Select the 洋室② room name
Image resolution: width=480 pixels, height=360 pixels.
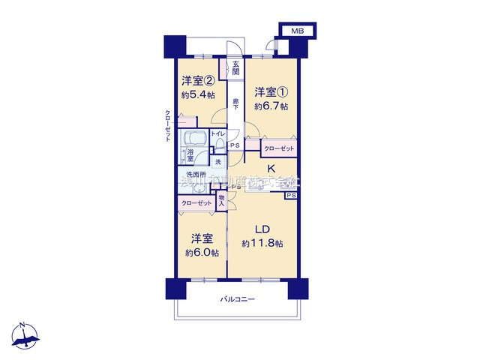(196, 81)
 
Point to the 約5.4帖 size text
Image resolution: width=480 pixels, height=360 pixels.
(196, 95)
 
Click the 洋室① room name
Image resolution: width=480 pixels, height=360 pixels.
(270, 92)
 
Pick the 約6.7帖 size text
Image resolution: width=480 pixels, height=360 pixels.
(270, 106)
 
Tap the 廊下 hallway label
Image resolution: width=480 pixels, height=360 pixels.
(235, 104)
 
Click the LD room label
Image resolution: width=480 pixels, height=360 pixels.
(262, 229)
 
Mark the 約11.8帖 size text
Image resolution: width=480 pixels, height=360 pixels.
(262, 244)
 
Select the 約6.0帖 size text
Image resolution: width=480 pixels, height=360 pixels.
(200, 253)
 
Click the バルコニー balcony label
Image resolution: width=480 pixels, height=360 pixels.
(238, 299)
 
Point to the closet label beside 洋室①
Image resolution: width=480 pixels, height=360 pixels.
(279, 149)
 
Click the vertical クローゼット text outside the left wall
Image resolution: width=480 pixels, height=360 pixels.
(169, 127)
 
